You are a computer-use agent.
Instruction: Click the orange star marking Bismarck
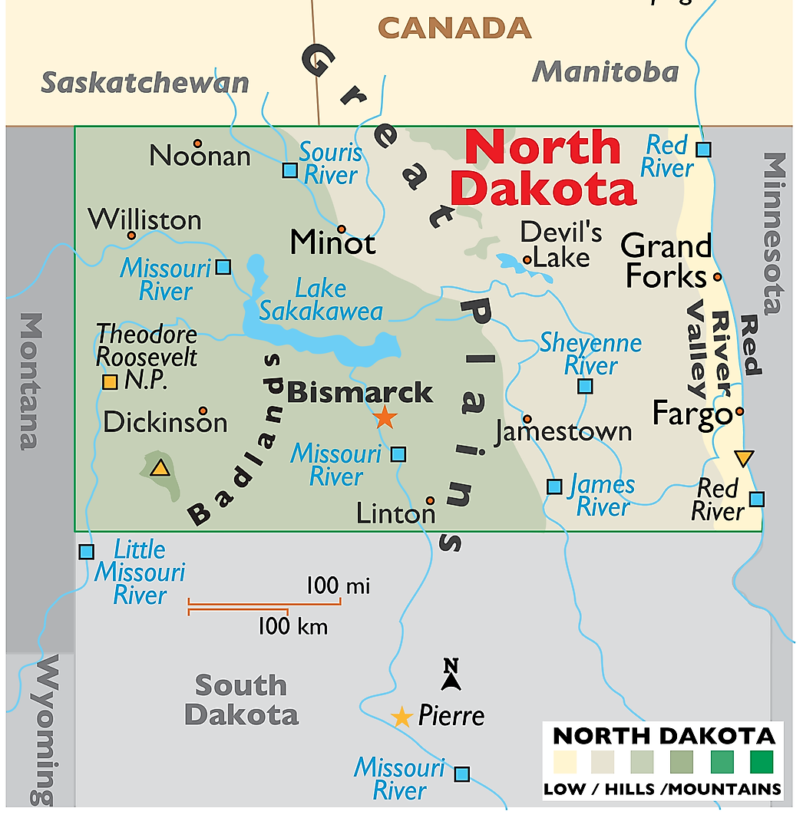point(385,417)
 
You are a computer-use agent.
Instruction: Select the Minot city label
point(333,243)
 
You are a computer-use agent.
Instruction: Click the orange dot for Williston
point(131,236)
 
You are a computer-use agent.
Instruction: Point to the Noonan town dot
point(197,143)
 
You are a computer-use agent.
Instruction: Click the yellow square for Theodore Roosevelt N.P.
point(110,381)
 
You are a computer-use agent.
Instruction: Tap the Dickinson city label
point(165,422)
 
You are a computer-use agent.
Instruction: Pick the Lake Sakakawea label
point(321,300)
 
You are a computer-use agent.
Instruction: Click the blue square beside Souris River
point(289,170)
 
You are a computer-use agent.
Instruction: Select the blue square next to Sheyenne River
point(586,386)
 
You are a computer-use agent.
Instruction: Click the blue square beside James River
point(554,486)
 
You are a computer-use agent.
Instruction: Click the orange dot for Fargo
point(739,411)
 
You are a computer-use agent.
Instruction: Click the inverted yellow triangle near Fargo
point(743,458)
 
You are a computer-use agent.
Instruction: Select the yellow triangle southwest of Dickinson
point(160,468)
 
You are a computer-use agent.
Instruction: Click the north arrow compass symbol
point(451,675)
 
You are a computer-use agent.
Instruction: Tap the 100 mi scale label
point(338,587)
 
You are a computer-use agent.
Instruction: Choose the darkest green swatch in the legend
point(762,762)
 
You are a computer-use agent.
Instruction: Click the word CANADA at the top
point(455,28)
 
